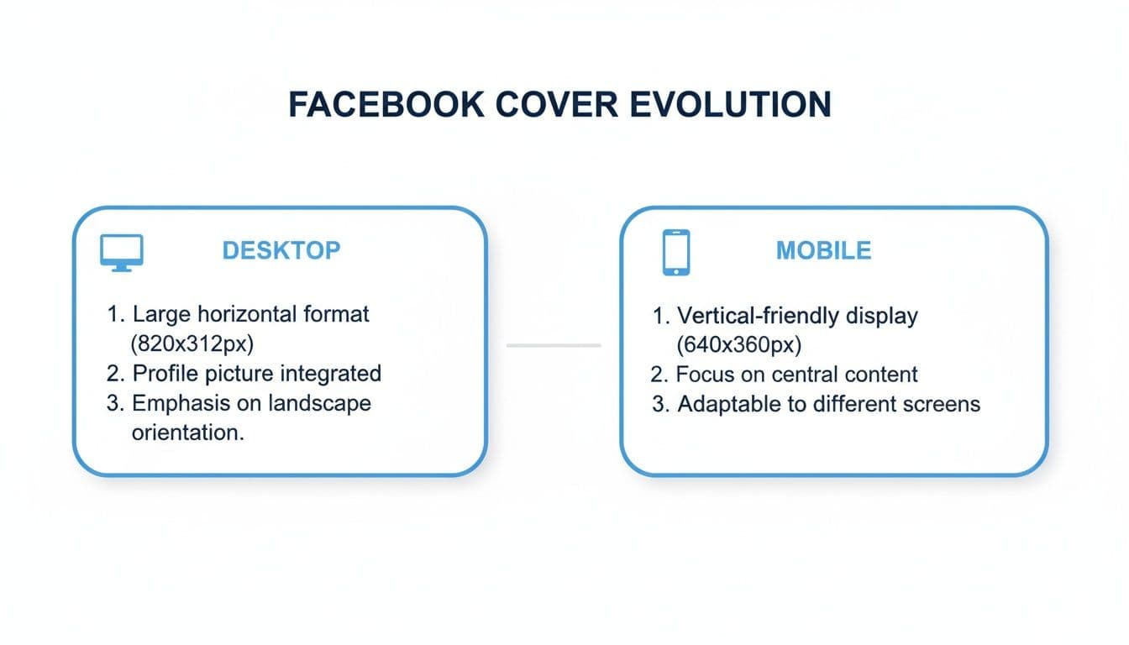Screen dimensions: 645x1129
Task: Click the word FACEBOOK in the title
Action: pos(386,104)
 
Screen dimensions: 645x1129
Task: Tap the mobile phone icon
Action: pos(675,252)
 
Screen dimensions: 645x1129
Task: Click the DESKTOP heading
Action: pos(281,250)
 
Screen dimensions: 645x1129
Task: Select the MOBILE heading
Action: pos(823,250)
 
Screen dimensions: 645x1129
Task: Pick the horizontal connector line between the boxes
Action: pos(554,345)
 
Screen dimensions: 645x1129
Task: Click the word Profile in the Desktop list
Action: pos(165,374)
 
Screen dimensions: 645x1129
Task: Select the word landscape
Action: pos(319,403)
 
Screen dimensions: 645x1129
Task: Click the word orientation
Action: pos(188,433)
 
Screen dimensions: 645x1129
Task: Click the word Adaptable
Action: pos(727,404)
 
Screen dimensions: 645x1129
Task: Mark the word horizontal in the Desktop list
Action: pos(248,315)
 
